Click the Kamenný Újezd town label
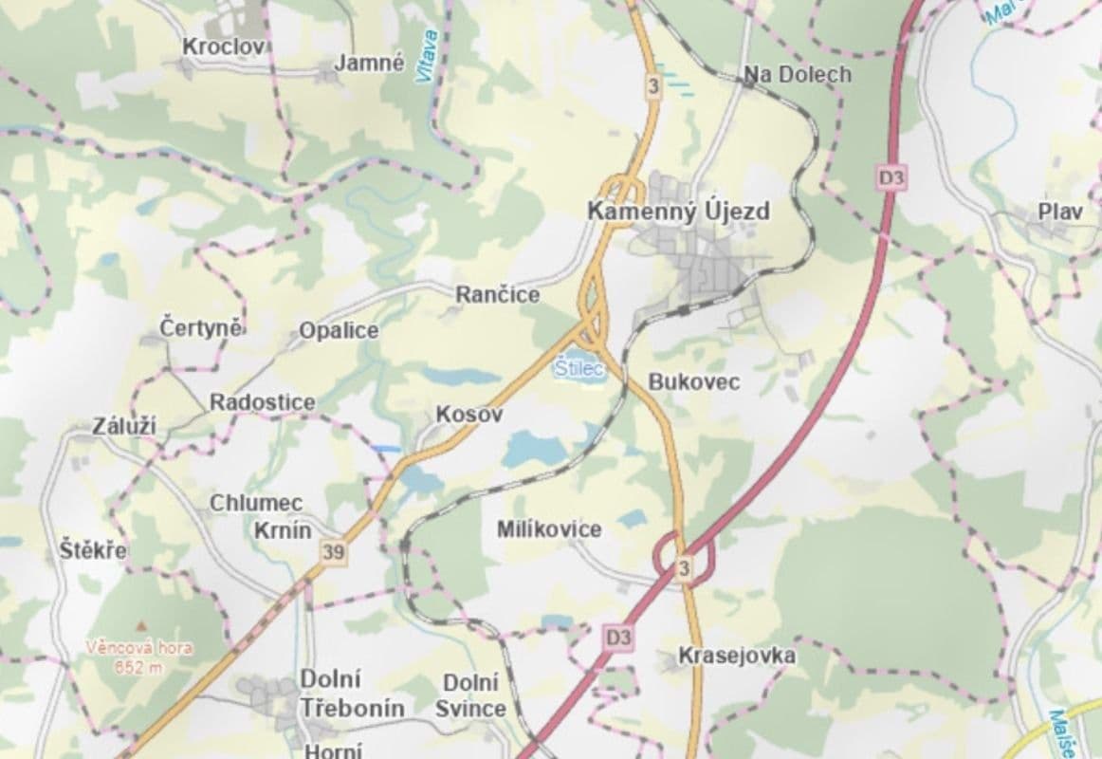click(x=678, y=211)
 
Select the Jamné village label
click(x=369, y=64)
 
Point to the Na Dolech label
click(x=797, y=74)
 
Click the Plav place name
click(x=1059, y=212)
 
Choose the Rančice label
click(x=497, y=295)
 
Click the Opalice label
click(x=339, y=330)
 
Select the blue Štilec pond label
click(x=579, y=368)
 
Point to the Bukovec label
click(x=693, y=381)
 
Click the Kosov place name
click(x=468, y=415)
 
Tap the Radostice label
click(x=262, y=402)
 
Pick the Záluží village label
click(x=123, y=427)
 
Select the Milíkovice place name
click(x=548, y=529)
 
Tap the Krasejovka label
click(x=736, y=656)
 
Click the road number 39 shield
click(x=333, y=552)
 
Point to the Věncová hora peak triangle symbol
click(x=139, y=627)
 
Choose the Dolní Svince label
click(x=470, y=695)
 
